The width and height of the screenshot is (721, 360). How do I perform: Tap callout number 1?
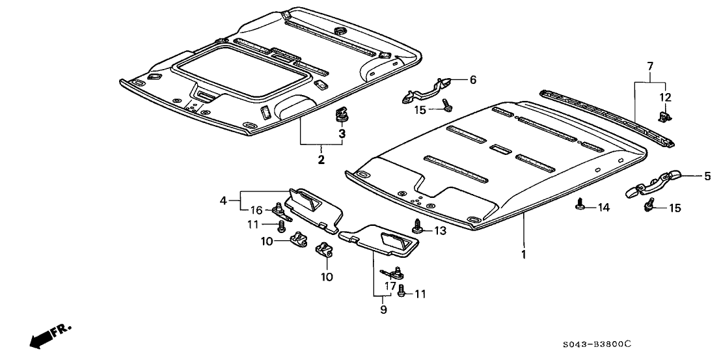(524, 254)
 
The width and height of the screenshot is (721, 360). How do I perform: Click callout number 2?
(321, 159)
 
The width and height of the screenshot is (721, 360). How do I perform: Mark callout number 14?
(605, 208)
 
